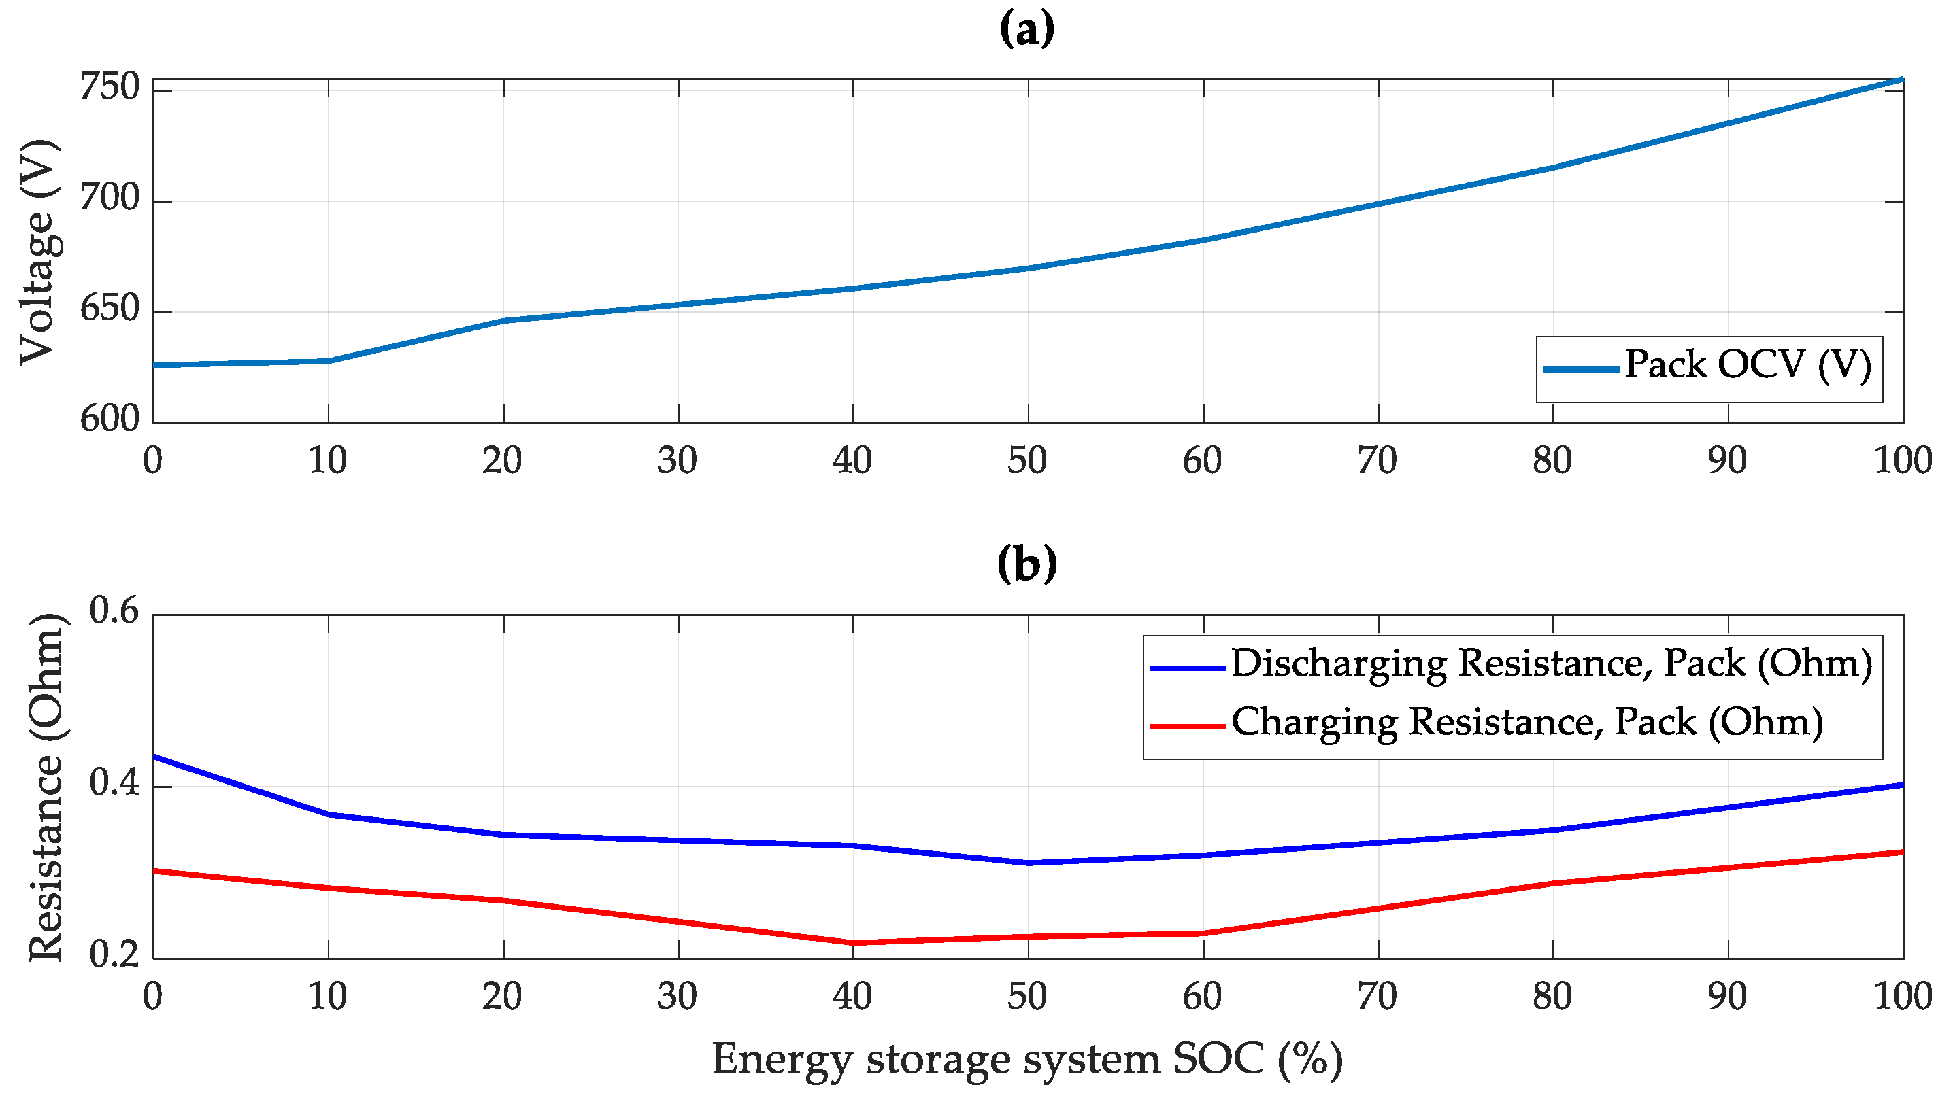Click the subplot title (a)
click(x=1026, y=31)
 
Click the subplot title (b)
click(x=1026, y=565)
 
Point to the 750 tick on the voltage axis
click(x=110, y=88)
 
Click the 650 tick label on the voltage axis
click(x=110, y=310)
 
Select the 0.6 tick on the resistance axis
click(x=114, y=611)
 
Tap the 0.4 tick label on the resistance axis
click(x=114, y=783)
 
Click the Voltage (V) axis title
click(x=38, y=252)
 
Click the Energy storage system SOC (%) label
click(x=1026, y=1060)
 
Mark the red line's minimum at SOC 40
click(x=854, y=943)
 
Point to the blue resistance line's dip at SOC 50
click(x=1028, y=863)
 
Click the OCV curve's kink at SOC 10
click(x=329, y=361)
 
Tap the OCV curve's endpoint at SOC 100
click(x=1901, y=80)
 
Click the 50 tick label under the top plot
click(x=1026, y=462)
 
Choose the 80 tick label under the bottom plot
click(x=1552, y=997)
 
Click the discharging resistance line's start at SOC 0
click(x=154, y=757)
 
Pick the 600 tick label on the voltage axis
click(x=110, y=420)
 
